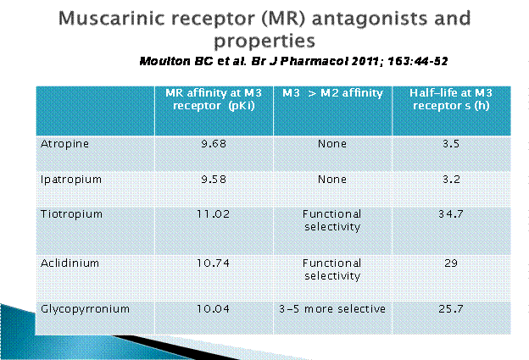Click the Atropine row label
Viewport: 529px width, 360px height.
[64, 144]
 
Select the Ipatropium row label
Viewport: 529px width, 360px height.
[71, 180]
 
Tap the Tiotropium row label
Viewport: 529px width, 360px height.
[71, 214]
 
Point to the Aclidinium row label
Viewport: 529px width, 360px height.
[70, 263]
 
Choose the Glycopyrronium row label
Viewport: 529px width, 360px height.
[85, 309]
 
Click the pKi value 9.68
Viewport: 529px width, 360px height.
[214, 144]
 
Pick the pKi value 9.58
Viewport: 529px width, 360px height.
[214, 180]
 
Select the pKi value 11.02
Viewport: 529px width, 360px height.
[214, 214]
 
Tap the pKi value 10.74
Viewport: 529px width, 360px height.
[214, 263]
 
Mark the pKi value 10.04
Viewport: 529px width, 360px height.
[214, 309]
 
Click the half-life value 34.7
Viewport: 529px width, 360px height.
[451, 214]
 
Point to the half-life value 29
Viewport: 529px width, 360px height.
[451, 263]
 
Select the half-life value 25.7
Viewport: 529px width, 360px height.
[451, 309]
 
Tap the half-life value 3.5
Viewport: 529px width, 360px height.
[451, 144]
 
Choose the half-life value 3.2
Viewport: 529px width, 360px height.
[451, 180]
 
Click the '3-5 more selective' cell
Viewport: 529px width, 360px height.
[332, 309]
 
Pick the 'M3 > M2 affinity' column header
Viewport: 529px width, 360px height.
[332, 93]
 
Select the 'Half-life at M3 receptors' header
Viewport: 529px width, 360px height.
[451, 99]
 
